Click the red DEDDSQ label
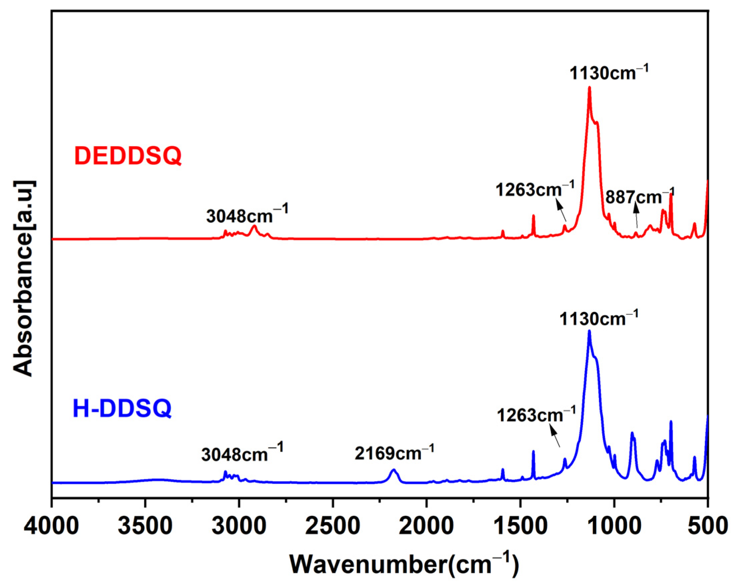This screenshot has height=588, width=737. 128,156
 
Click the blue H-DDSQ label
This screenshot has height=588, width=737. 122,409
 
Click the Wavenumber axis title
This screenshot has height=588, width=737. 405,565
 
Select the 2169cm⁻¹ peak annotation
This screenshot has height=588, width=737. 394,454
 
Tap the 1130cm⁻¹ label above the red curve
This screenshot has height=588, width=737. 609,73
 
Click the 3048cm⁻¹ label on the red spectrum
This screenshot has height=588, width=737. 247,215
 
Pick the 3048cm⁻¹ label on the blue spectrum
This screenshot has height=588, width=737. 242,454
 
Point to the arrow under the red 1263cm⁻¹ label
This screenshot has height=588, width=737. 561,211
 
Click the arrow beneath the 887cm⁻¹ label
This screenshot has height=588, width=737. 636,215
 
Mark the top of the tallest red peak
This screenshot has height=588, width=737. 589,87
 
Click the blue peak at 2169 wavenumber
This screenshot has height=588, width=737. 394,469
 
